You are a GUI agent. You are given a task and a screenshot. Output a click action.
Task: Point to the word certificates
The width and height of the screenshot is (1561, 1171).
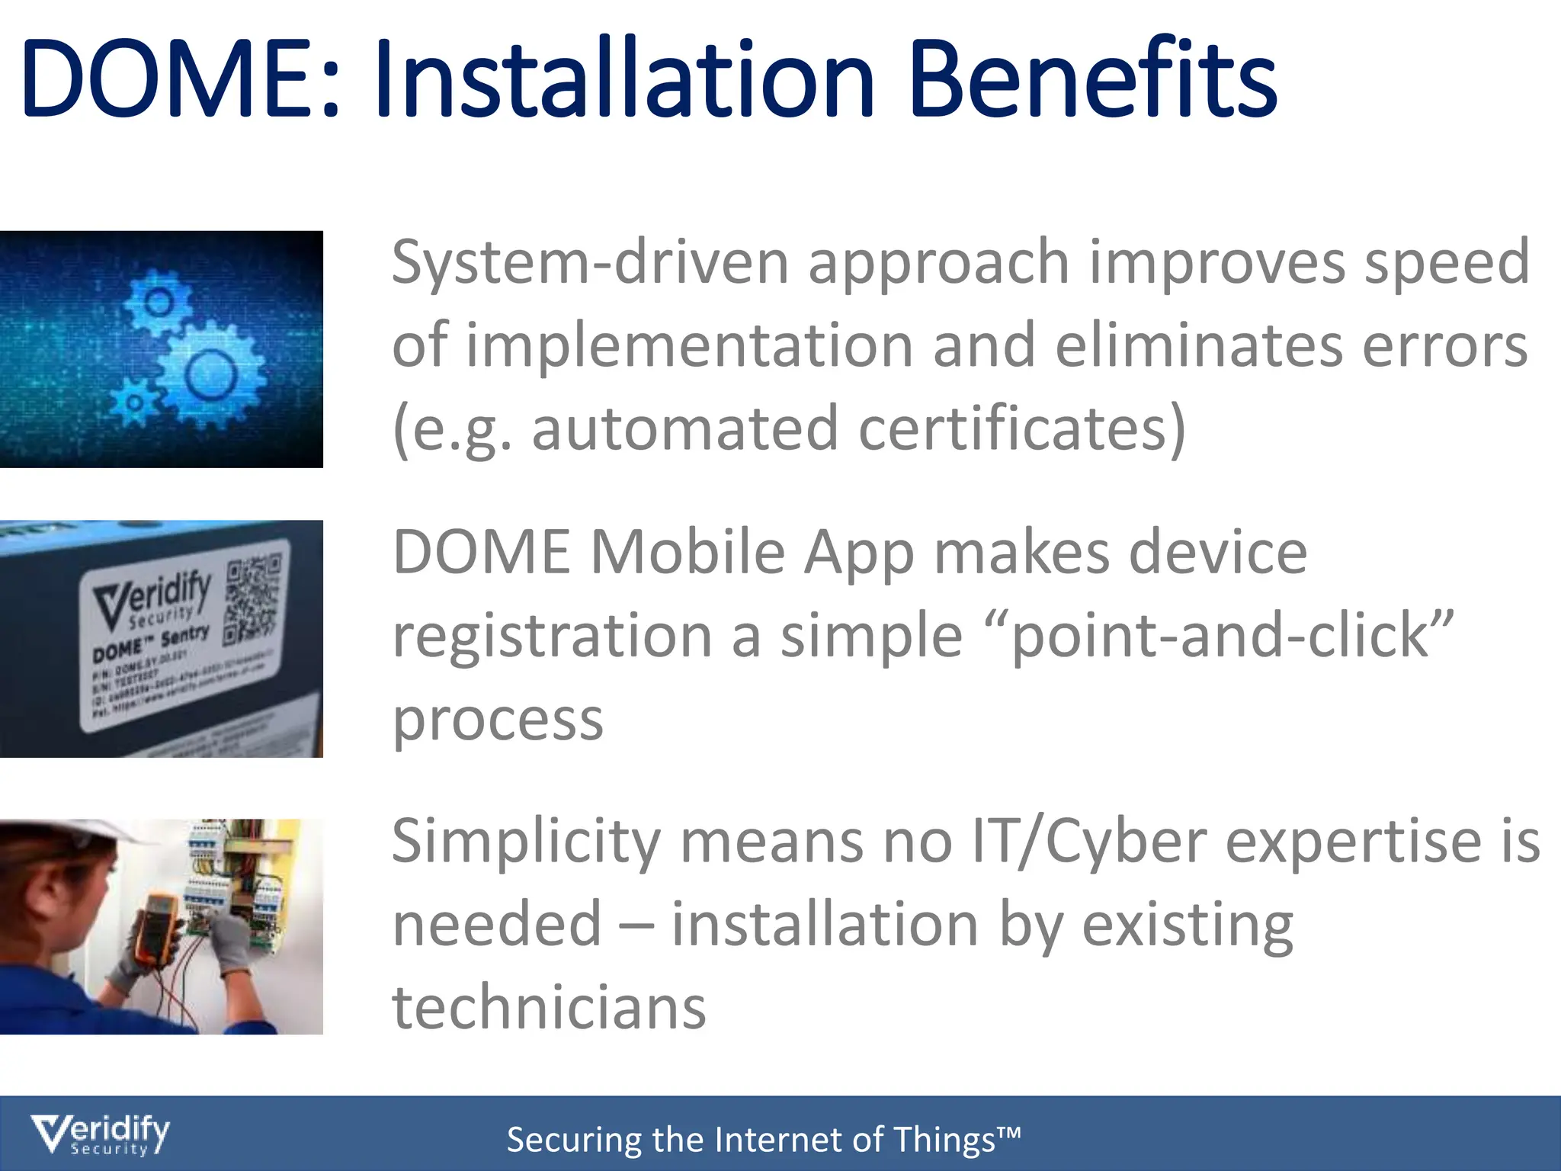coord(1021,428)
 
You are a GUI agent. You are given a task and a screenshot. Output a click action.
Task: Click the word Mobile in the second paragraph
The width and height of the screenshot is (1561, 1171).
coord(688,552)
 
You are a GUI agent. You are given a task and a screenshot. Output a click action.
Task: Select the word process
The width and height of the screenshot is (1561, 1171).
coord(498,720)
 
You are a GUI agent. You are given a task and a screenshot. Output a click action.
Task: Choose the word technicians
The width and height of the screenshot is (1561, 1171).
coord(549,1007)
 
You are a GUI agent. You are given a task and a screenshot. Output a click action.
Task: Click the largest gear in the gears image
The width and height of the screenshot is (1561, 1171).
coord(210,374)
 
